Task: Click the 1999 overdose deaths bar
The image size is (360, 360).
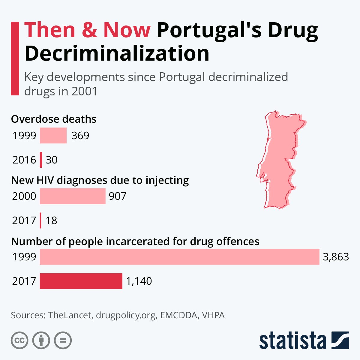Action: (x=53, y=136)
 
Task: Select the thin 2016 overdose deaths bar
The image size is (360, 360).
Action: (x=41, y=160)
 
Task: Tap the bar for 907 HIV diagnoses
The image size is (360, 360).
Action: (x=73, y=196)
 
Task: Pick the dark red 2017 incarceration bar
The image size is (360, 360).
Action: (x=81, y=281)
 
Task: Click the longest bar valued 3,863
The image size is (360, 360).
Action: (x=179, y=257)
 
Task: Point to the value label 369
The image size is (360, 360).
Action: (x=80, y=136)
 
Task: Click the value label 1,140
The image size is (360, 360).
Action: (x=139, y=281)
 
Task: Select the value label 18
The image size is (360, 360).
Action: (x=51, y=220)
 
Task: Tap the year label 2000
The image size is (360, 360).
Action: (x=24, y=196)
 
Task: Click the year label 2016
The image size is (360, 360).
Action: (x=24, y=160)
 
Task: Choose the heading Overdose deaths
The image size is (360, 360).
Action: (x=54, y=119)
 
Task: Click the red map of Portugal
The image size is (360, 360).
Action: (x=279, y=159)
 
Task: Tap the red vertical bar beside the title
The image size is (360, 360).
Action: (x=15, y=58)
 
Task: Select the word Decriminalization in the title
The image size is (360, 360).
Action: (x=117, y=53)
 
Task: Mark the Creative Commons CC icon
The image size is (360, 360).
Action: (x=19, y=340)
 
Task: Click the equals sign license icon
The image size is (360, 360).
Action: (x=63, y=340)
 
